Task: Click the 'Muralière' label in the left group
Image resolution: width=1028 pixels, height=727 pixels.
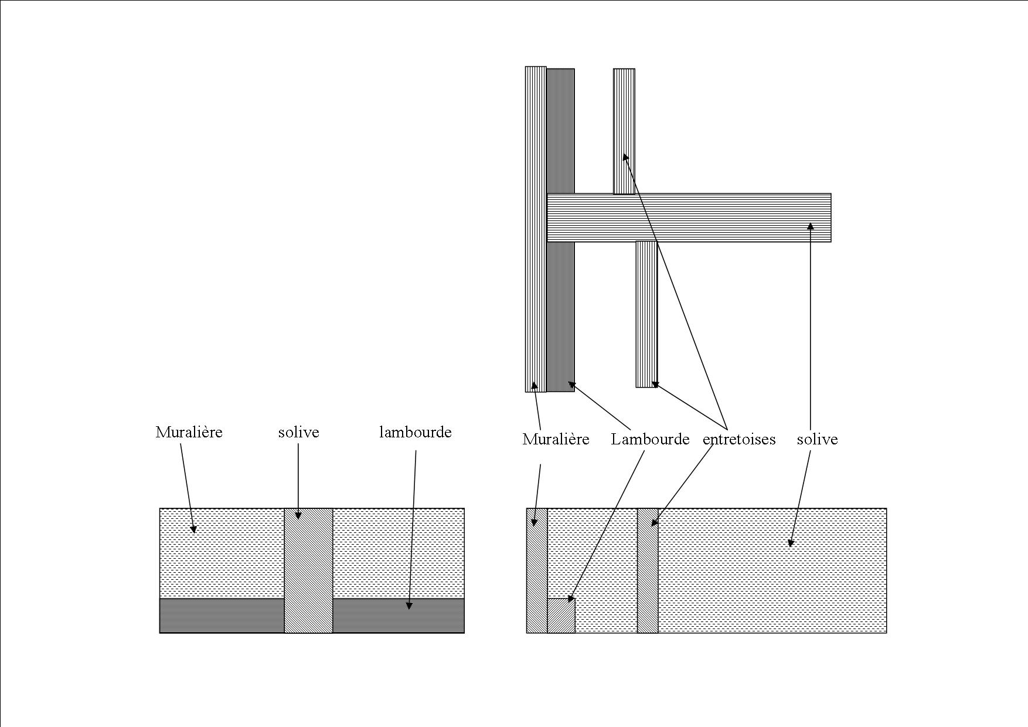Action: pos(189,433)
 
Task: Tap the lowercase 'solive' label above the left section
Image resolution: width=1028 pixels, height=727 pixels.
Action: pos(298,433)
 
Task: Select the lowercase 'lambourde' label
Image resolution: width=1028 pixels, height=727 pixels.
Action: pos(415,433)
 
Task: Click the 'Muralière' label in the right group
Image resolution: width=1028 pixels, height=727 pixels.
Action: pos(556,440)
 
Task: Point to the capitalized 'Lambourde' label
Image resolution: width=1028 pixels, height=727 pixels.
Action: pos(650,440)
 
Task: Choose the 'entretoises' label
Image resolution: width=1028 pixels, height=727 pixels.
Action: pos(738,440)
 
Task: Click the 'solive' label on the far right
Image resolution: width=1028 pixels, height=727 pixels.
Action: pos(817,440)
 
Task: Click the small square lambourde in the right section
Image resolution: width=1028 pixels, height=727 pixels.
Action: pos(561,616)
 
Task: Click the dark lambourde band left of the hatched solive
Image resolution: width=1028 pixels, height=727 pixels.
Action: pos(222,616)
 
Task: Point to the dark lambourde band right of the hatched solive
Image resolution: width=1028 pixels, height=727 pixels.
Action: pos(399,616)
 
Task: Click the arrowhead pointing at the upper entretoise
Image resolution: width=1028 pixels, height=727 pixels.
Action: pos(625,157)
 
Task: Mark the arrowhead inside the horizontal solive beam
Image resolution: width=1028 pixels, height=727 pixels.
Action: pos(811,226)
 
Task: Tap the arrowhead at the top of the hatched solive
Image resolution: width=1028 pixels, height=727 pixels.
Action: pos(298,515)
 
